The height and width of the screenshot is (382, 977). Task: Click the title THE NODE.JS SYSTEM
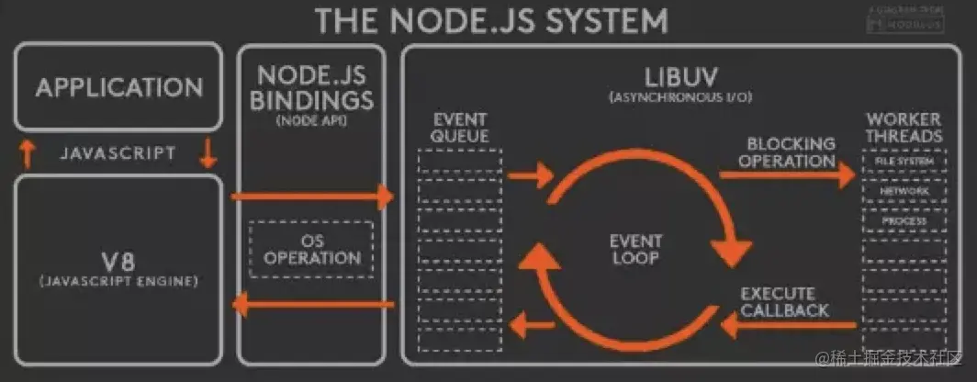click(x=491, y=19)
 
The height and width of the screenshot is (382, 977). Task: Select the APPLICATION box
click(x=119, y=88)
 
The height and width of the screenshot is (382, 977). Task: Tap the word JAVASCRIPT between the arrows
click(x=118, y=153)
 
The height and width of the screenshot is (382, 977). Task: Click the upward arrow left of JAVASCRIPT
click(x=28, y=152)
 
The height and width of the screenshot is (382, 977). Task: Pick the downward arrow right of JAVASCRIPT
click(x=208, y=152)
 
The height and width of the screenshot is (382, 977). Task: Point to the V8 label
click(x=118, y=257)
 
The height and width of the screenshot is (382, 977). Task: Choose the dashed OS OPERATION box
click(x=313, y=250)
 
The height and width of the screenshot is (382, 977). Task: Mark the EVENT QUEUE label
click(x=460, y=128)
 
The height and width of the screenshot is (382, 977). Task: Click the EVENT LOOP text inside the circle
click(x=635, y=250)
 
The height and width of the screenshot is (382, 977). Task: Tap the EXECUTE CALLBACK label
click(x=784, y=301)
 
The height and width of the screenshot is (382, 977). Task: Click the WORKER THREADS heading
click(x=904, y=128)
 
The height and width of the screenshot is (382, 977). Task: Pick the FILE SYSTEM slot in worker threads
click(x=904, y=162)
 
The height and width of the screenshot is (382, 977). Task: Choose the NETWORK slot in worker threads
click(x=904, y=191)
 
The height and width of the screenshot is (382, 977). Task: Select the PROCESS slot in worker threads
click(x=904, y=221)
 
